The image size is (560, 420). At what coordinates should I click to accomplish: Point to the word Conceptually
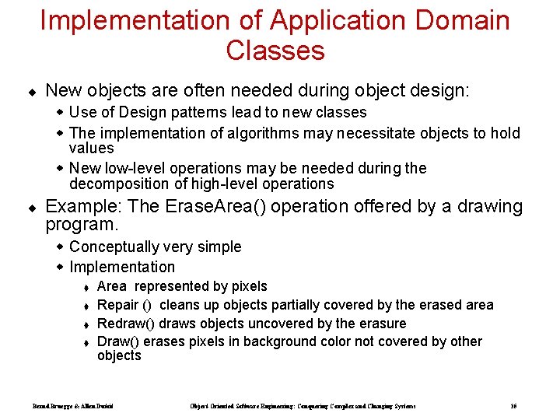pos(110,247)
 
